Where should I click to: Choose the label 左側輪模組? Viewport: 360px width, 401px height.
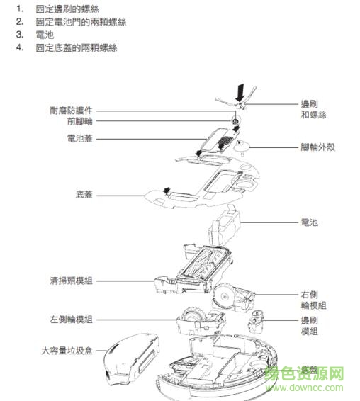click(x=70, y=320)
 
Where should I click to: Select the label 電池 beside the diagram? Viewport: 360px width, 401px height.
click(x=309, y=222)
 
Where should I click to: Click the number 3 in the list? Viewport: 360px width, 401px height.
click(x=20, y=34)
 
